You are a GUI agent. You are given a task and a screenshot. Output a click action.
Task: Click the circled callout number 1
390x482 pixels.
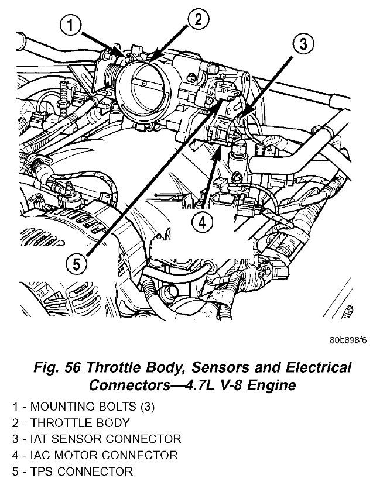(x=71, y=26)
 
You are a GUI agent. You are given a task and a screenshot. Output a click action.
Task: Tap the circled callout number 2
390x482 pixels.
(x=198, y=20)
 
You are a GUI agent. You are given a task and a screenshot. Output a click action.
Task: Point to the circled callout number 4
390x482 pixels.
(x=201, y=222)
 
